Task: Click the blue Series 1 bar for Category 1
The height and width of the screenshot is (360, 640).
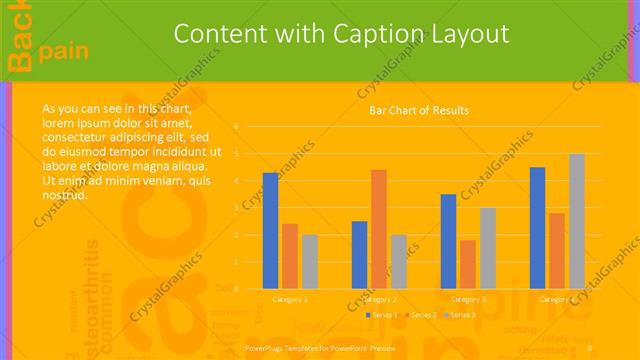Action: pyautogui.click(x=270, y=230)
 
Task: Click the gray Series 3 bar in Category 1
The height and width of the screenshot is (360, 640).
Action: pyautogui.click(x=310, y=261)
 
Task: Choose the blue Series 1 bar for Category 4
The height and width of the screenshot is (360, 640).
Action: pyautogui.click(x=537, y=227)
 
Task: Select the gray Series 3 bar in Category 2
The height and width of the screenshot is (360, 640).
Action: pyautogui.click(x=398, y=261)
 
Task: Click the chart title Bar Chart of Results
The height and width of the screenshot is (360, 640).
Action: pyautogui.click(x=419, y=110)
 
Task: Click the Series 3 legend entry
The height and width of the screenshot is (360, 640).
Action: pyautogui.click(x=462, y=315)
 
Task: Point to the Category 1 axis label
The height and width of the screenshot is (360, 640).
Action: pyautogui.click(x=290, y=298)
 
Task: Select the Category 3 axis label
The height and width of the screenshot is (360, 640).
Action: pyautogui.click(x=468, y=298)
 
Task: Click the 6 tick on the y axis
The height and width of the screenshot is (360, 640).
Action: pyautogui.click(x=236, y=127)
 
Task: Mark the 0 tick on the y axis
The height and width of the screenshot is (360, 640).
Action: pyautogui.click(x=236, y=288)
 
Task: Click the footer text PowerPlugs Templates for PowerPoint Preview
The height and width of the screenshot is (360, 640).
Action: pyautogui.click(x=320, y=347)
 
